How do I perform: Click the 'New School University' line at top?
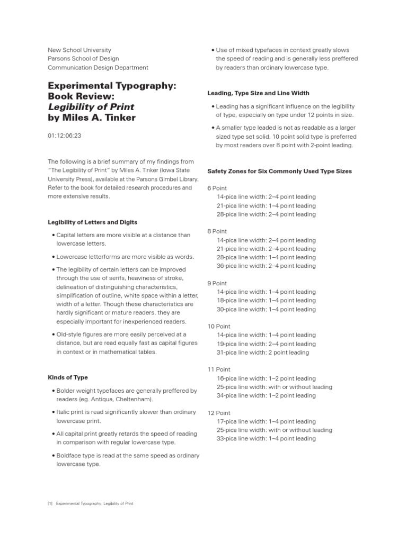[x=79, y=50]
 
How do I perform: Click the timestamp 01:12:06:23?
[x=65, y=135]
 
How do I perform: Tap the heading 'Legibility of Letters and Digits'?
[x=93, y=222]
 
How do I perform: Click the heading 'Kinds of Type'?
[x=68, y=377]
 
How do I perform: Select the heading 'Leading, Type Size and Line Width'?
[x=258, y=93]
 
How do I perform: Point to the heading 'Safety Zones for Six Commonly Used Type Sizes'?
[x=279, y=171]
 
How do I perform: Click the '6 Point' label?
[x=217, y=188]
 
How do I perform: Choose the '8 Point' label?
[x=217, y=231]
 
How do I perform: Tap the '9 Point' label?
[x=217, y=283]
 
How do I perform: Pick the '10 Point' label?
[x=219, y=326]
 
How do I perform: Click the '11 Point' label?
[x=219, y=369]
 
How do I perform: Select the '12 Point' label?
[x=219, y=413]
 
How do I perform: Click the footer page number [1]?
[x=50, y=503]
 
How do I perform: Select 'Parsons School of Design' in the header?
[x=83, y=59]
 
